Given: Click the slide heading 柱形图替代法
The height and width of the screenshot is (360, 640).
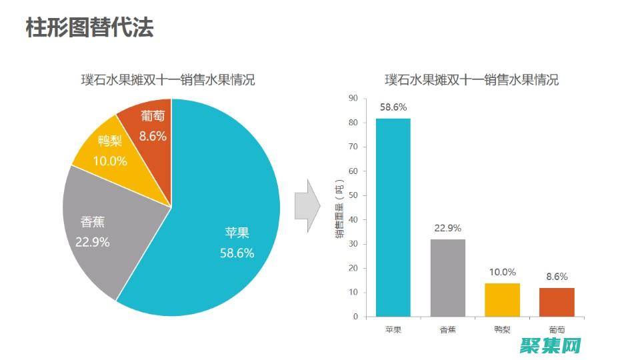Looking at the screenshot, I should pos(89,28).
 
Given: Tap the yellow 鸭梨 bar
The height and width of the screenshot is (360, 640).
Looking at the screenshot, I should pos(502,299).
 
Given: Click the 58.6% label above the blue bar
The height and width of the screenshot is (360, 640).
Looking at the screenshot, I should pos(393,107).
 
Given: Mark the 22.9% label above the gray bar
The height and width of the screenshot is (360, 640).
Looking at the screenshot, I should pos(447,228).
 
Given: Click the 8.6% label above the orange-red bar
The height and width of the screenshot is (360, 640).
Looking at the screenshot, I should pos(557,277).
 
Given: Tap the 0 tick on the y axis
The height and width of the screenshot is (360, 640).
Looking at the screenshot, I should pos(355,317).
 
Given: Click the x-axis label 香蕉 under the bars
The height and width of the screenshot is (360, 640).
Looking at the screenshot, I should pos(447,329).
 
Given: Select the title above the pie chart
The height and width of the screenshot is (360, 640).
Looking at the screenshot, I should pos(168,81).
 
